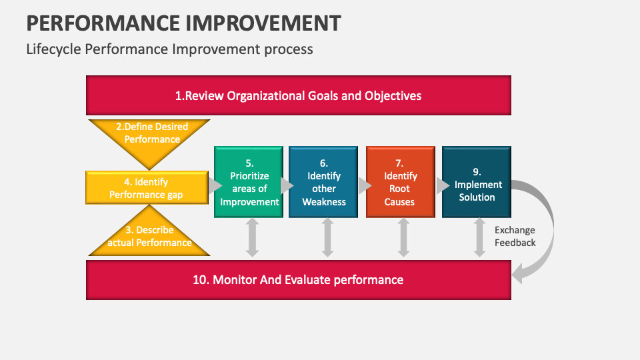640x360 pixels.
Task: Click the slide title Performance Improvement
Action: coord(184,23)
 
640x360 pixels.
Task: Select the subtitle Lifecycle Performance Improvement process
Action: coord(169,49)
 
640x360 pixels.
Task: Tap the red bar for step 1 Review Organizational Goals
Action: coord(298,95)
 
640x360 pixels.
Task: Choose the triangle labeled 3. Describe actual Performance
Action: coord(149,239)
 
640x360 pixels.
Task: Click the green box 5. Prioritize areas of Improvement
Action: coord(249,182)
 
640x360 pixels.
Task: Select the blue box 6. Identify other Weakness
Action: coord(323,182)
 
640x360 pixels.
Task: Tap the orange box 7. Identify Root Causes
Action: coord(400,182)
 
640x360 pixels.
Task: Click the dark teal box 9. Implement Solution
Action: coord(476,182)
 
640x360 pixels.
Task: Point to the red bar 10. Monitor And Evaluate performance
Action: coord(298,280)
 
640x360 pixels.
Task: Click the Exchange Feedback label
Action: coord(515,237)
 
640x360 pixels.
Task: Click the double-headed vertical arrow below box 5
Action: coord(252,239)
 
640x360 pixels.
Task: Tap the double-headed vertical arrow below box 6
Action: coord(327,239)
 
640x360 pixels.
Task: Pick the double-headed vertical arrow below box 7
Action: coord(403,239)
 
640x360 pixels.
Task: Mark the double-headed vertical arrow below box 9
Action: coord(479,239)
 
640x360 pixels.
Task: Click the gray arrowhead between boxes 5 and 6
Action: coord(286,185)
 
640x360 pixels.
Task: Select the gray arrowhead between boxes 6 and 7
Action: coord(362,185)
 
